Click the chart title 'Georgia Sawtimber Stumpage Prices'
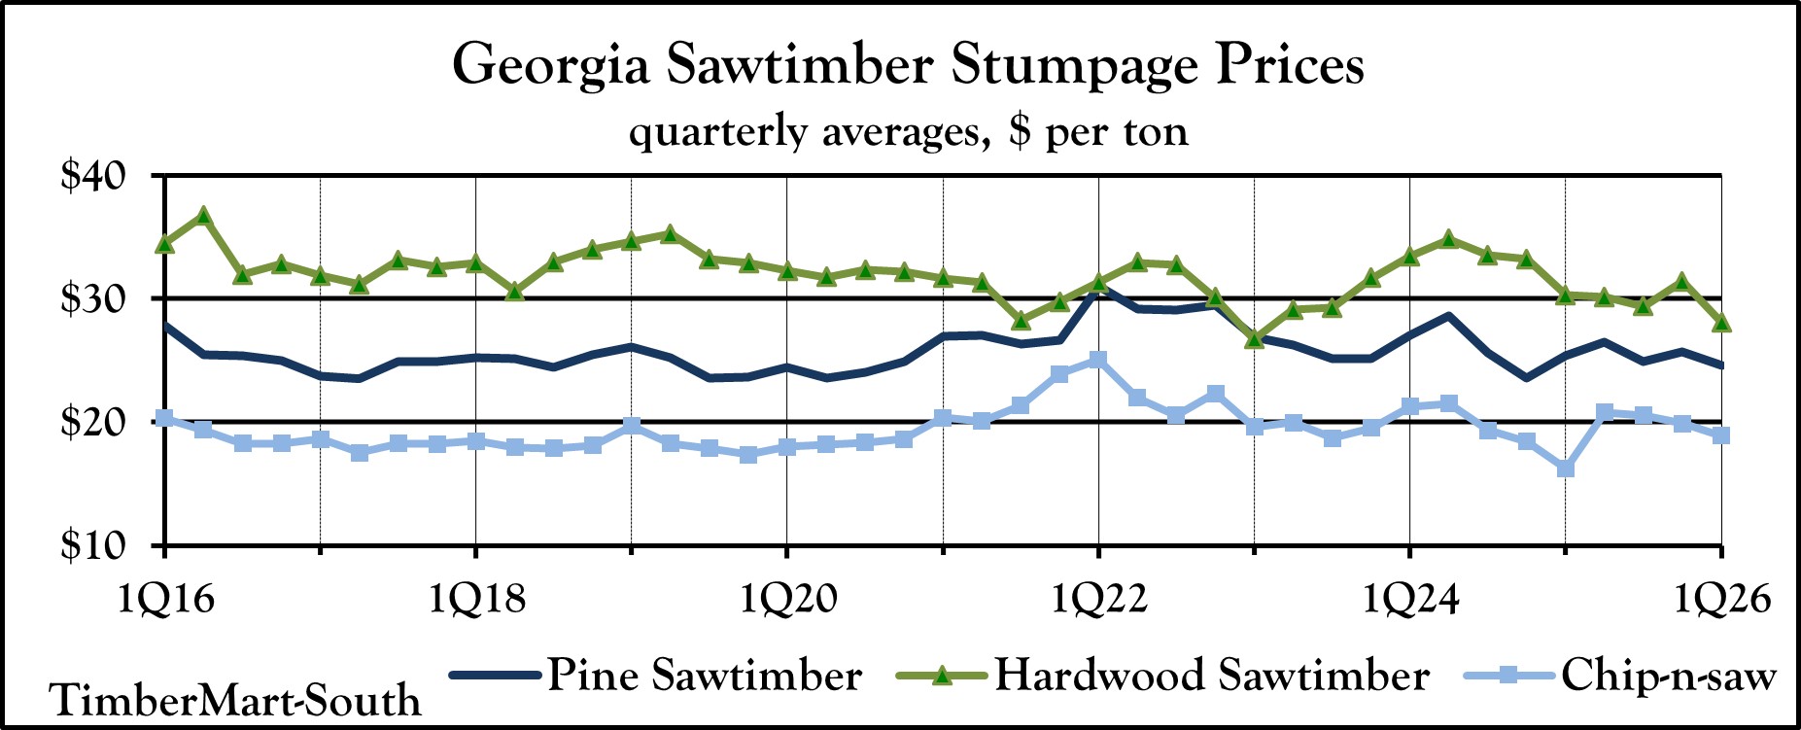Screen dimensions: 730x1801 click(x=908, y=66)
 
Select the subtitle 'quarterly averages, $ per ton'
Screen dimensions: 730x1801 click(x=908, y=131)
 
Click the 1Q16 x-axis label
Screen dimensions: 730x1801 click(x=166, y=599)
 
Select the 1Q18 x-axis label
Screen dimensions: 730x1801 click(x=476, y=599)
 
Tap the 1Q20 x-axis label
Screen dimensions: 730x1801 click(x=787, y=599)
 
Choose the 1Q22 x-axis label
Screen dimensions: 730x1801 click(x=1098, y=599)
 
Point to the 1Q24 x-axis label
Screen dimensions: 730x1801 click(x=1409, y=599)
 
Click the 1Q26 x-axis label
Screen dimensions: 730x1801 click(x=1721, y=599)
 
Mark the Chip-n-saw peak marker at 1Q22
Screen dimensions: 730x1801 click(x=1098, y=361)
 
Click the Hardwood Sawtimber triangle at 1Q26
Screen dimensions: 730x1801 click(x=1721, y=322)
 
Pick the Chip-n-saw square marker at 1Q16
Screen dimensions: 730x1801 click(x=165, y=418)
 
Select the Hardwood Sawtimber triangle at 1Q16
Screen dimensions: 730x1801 click(x=165, y=243)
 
